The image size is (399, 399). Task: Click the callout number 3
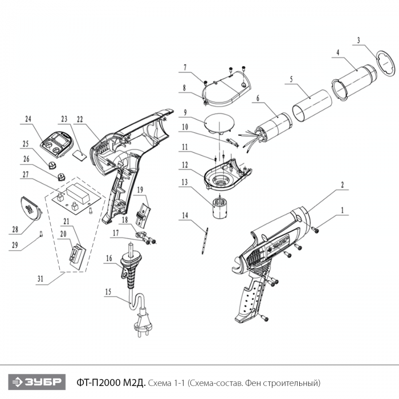tap(359, 40)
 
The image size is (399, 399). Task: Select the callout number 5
tap(291, 79)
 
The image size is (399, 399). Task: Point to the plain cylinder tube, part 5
tap(312, 105)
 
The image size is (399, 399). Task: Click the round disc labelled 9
tap(219, 123)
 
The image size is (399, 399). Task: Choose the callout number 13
tap(185, 182)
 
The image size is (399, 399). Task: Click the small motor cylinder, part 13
tap(219, 207)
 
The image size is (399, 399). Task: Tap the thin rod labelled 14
tap(205, 240)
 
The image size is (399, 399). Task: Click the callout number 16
tap(109, 258)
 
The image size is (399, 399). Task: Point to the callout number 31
tap(40, 279)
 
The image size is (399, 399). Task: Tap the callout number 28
tap(15, 229)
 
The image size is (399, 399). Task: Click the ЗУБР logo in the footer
tap(37, 382)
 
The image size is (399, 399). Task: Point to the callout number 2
tap(342, 185)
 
